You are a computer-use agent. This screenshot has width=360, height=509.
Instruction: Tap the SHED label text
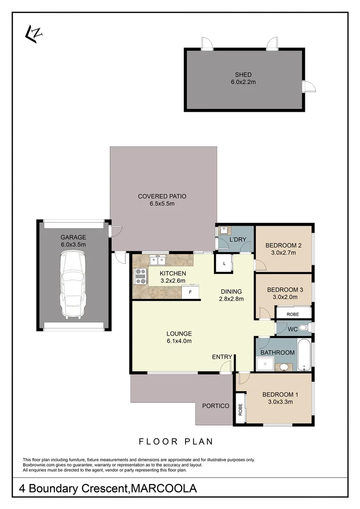point(243,74)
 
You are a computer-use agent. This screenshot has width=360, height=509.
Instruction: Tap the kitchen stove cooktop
point(140,276)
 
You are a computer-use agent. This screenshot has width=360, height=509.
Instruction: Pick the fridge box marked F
point(190,292)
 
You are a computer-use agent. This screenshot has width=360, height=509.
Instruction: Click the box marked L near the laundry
point(224,264)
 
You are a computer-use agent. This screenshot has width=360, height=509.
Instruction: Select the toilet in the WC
point(303,328)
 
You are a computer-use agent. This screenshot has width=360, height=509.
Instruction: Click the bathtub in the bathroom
point(304,354)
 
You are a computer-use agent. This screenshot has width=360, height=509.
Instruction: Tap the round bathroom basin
point(285,367)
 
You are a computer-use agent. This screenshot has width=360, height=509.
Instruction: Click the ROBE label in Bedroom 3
point(293,313)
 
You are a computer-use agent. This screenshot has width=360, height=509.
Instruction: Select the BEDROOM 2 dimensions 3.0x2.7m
point(283,253)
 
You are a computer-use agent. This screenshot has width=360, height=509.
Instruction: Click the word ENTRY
point(222,357)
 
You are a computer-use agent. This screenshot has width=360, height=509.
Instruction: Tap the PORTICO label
point(215,406)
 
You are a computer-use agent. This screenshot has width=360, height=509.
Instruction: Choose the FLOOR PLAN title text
point(176,442)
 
